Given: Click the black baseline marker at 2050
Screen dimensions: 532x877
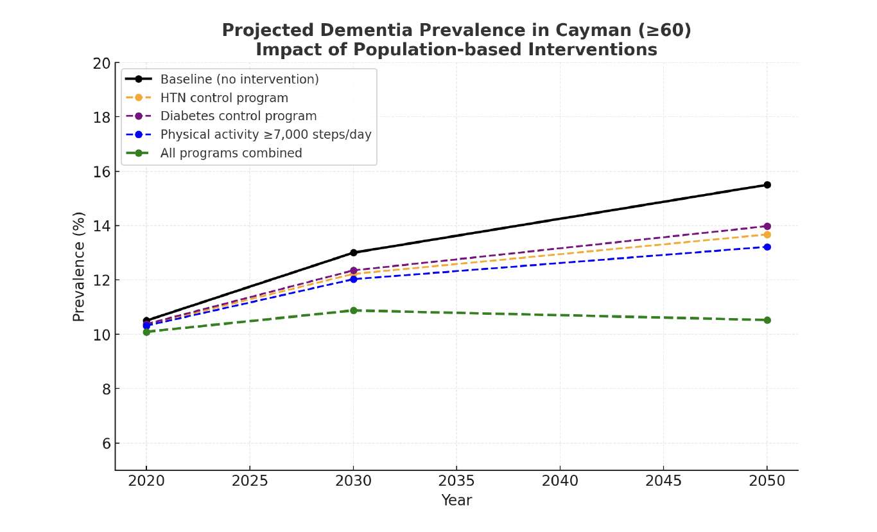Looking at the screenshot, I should pyautogui.click(x=767, y=185).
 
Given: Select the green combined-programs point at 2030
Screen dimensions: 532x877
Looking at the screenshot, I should pyautogui.click(x=353, y=310).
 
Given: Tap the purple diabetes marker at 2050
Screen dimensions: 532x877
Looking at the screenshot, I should pyautogui.click(x=767, y=226).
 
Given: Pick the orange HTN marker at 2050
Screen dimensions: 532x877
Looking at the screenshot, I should pyautogui.click(x=767, y=235).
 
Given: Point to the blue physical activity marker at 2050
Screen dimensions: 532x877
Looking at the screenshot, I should pyautogui.click(x=767, y=247).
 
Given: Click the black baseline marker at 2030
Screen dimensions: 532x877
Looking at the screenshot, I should pyautogui.click(x=353, y=253).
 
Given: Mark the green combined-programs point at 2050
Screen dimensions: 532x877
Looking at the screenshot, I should pyautogui.click(x=767, y=320).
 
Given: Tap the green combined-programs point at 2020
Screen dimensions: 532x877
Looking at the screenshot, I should pyautogui.click(x=146, y=332).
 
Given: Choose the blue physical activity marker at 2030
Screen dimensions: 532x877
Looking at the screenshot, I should pyautogui.click(x=353, y=279).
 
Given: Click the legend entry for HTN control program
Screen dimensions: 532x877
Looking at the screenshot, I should pyautogui.click(x=224, y=98).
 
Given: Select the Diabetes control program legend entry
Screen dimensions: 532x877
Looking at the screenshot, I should pyautogui.click(x=238, y=116).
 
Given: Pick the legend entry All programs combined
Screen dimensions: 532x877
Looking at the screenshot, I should pyautogui.click(x=231, y=154).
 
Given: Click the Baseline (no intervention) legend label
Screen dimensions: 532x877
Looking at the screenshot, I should pyautogui.click(x=239, y=80).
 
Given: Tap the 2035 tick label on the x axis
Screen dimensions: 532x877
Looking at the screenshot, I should pyautogui.click(x=456, y=481).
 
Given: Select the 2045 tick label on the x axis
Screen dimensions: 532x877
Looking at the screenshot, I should pyautogui.click(x=663, y=481).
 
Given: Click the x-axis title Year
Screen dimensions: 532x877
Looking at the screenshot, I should pyautogui.click(x=456, y=501).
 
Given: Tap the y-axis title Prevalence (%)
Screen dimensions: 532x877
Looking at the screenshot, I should pyautogui.click(x=79, y=266).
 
